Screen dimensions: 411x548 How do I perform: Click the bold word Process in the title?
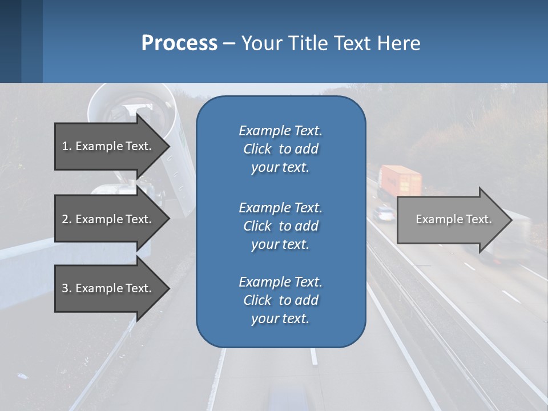click(179, 43)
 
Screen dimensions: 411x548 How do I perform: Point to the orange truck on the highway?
click(400, 181)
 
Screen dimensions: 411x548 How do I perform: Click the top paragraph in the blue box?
click(280, 149)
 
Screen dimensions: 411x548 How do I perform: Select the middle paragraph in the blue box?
click(280, 226)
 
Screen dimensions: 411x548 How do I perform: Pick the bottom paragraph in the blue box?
click(280, 300)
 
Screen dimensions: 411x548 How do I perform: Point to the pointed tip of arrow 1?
click(168, 146)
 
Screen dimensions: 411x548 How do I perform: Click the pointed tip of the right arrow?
click(511, 220)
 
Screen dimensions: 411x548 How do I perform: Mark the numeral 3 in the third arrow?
click(65, 288)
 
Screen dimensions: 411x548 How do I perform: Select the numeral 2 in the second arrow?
click(65, 219)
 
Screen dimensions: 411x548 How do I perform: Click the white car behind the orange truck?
click(383, 213)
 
